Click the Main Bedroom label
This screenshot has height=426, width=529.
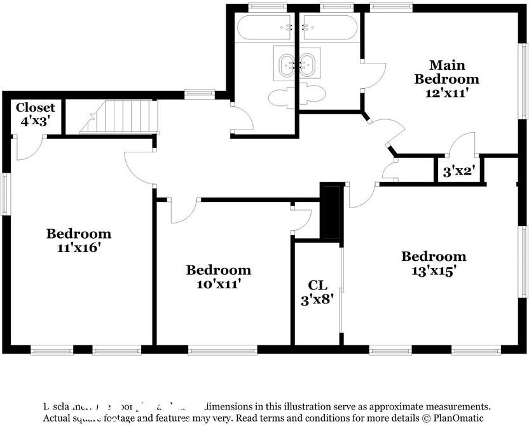(x=446, y=72)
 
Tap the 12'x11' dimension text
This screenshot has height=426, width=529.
(x=446, y=92)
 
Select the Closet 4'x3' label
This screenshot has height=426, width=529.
(x=35, y=114)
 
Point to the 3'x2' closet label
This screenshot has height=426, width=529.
(x=458, y=171)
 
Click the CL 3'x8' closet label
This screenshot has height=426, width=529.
(x=317, y=292)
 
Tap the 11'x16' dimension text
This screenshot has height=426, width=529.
(x=78, y=248)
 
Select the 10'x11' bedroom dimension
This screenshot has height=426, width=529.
(x=218, y=284)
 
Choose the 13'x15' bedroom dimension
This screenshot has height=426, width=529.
(x=433, y=270)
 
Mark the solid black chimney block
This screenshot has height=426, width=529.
(x=331, y=211)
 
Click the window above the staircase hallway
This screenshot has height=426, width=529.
(x=200, y=95)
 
